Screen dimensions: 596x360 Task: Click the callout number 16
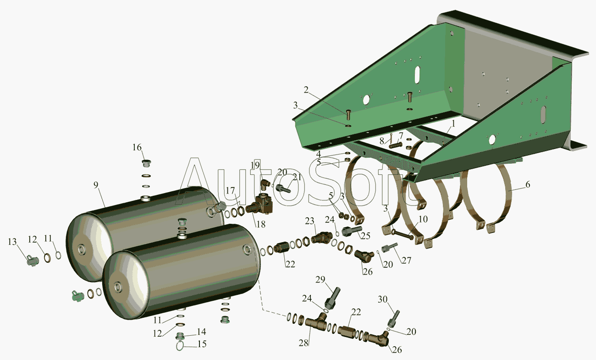[x=137, y=147]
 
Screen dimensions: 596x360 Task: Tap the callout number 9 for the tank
[x=96, y=185]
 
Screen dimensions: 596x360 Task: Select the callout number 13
[x=12, y=242]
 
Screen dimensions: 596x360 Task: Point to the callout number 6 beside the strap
[x=528, y=184]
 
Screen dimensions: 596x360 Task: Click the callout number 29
[x=320, y=279]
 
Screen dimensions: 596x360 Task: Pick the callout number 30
[x=383, y=299]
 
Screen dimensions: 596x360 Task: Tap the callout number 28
[x=304, y=343]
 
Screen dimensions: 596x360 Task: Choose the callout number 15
[x=202, y=344]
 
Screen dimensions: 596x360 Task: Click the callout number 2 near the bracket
[x=306, y=90]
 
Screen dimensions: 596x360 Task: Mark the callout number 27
[x=406, y=260]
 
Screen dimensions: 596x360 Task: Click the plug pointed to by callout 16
[x=146, y=163]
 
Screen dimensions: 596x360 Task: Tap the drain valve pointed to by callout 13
[x=33, y=260]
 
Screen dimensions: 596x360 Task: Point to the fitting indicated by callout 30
[x=393, y=319]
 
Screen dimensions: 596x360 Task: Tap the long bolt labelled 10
[x=403, y=235]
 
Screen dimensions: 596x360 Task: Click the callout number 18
[x=261, y=224]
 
